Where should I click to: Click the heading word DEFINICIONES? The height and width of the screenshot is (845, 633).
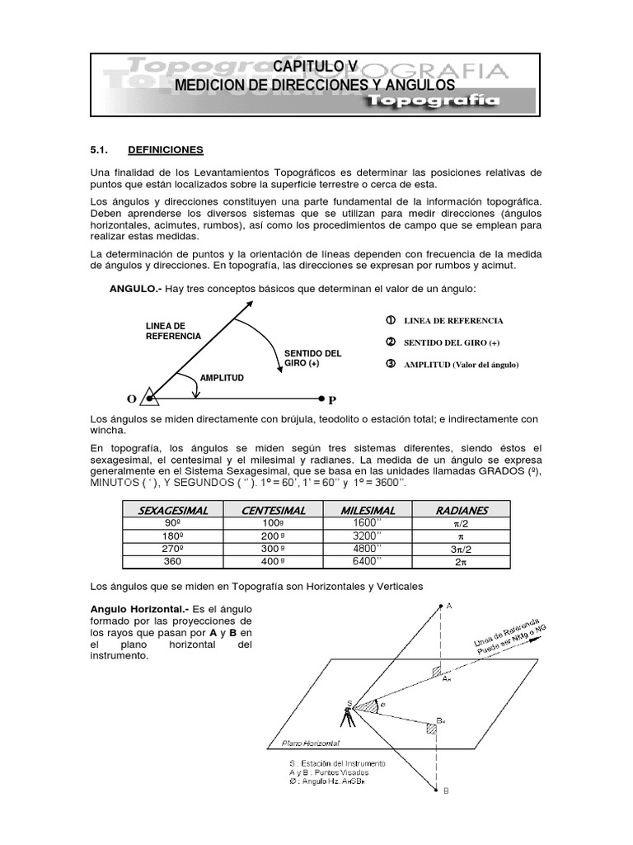(x=166, y=150)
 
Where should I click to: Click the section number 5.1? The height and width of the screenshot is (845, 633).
(x=100, y=150)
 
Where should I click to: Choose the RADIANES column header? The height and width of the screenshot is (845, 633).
(x=462, y=511)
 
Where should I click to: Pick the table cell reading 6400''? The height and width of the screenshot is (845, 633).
(x=368, y=561)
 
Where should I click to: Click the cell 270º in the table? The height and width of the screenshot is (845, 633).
(x=173, y=549)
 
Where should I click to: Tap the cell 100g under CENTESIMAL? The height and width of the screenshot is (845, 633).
(x=274, y=524)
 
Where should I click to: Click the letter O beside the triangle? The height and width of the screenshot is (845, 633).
(x=132, y=399)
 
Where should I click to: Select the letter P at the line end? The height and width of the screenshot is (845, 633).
(x=332, y=400)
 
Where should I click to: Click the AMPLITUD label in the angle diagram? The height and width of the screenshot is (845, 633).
(x=222, y=377)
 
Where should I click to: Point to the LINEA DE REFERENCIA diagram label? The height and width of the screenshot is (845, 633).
(x=172, y=331)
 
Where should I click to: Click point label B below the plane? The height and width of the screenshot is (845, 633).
(x=446, y=791)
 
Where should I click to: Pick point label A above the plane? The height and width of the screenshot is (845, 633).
(x=448, y=606)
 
